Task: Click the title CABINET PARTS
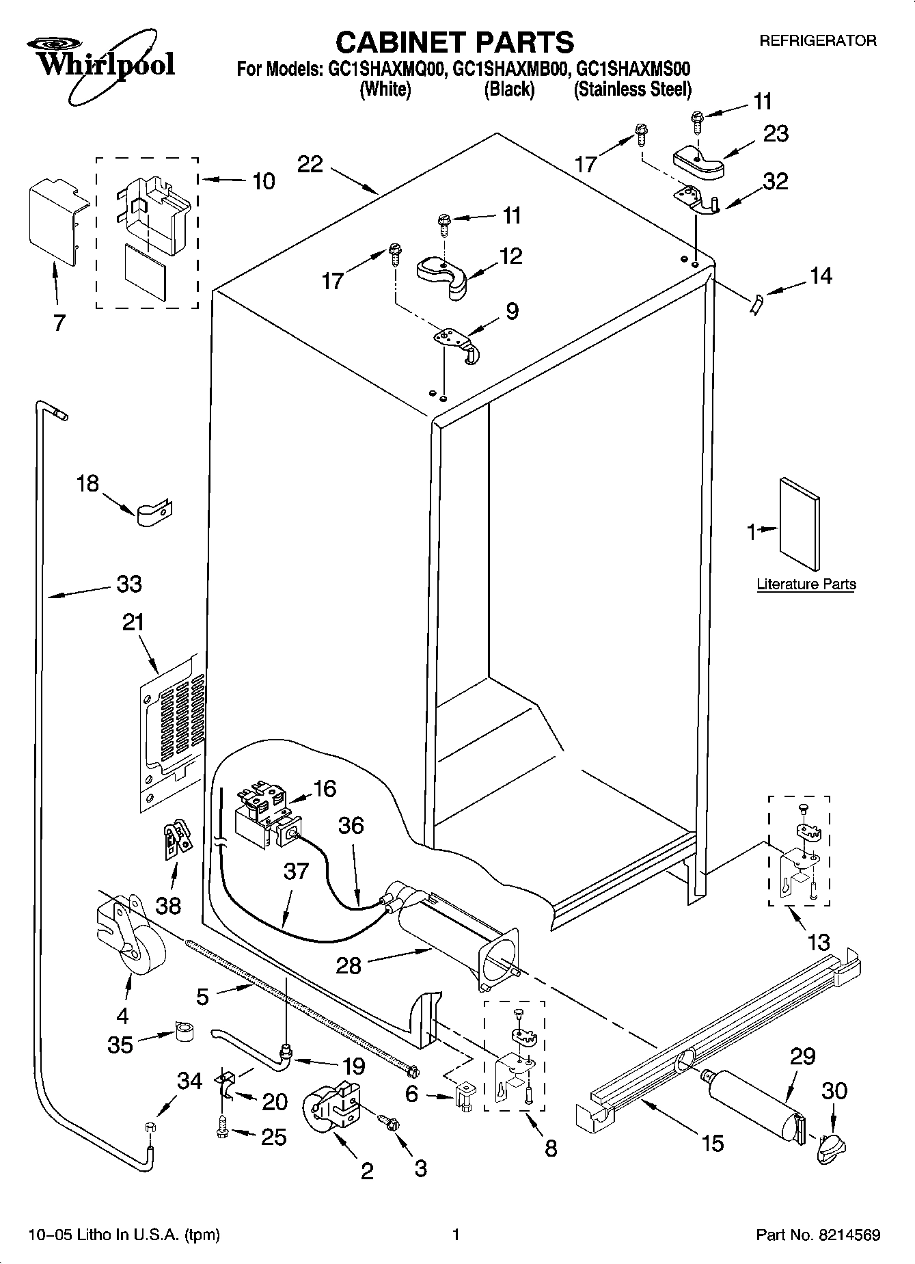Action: (x=455, y=42)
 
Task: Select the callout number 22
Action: (x=310, y=164)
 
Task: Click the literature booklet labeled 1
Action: (x=800, y=522)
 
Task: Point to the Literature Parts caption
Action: (x=806, y=584)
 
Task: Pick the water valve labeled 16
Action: (x=263, y=816)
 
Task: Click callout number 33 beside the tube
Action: (x=128, y=584)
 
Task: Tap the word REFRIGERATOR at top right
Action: (x=818, y=41)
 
